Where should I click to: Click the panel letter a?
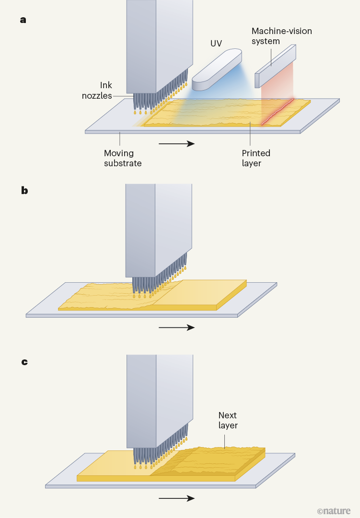(23, 20)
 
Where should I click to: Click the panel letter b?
(24, 190)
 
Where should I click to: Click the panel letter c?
(24, 361)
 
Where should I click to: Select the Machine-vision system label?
(281, 36)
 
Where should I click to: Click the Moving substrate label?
(119, 158)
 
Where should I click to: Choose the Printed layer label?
(256, 158)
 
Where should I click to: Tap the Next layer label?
(228, 420)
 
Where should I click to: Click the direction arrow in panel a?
(176, 143)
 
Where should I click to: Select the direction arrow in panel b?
(176, 328)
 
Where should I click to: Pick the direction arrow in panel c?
(176, 498)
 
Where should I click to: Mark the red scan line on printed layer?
(278, 112)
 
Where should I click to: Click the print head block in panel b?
(158, 230)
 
